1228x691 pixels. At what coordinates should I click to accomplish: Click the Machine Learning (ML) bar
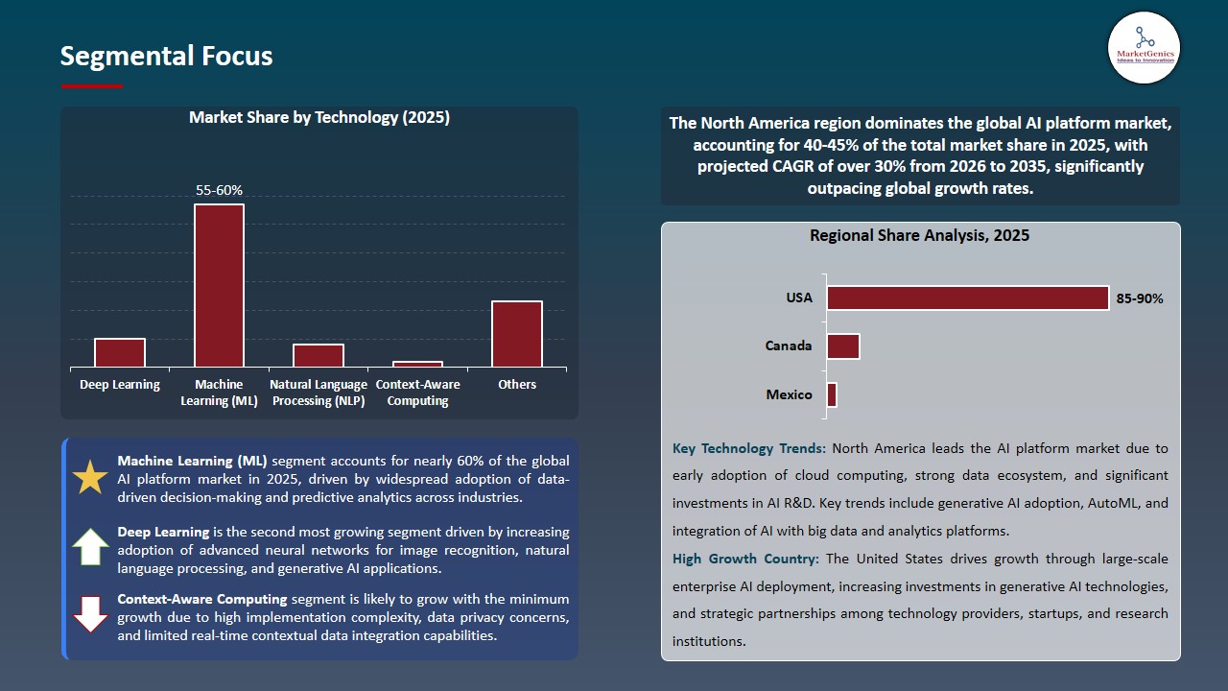pos(219,285)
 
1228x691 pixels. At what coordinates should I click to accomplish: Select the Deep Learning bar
pos(120,352)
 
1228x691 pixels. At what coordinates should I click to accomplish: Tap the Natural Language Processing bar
pos(319,355)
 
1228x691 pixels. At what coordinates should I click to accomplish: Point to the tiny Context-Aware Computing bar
pos(417,364)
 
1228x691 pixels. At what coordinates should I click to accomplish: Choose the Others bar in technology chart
pos(517,333)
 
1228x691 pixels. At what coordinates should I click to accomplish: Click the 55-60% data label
pos(219,190)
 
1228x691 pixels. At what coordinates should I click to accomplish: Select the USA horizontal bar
pos(967,298)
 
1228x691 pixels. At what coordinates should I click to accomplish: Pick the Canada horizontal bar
pos(843,346)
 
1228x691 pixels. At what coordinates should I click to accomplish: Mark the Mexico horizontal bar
pos(832,394)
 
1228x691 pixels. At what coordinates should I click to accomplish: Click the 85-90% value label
pos(1140,298)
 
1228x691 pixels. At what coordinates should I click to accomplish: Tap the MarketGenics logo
pos(1144,47)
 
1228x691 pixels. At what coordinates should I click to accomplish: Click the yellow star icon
pos(90,477)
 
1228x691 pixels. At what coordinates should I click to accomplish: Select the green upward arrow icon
pos(90,546)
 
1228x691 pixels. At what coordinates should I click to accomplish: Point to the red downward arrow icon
pos(90,614)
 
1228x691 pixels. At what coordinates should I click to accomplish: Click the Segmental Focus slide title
pos(166,56)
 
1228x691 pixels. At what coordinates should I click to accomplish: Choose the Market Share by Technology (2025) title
pos(319,117)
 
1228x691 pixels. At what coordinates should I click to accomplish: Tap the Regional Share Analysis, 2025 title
pos(919,235)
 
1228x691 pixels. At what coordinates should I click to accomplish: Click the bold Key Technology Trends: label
pos(749,448)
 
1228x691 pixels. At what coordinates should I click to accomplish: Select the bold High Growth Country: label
pos(745,559)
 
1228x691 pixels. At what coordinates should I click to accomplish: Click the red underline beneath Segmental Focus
pos(92,86)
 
